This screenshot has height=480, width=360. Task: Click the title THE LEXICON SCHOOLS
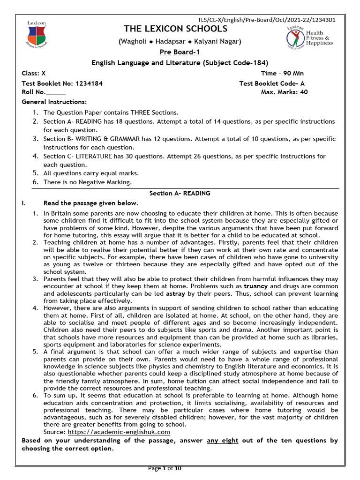click(x=175, y=30)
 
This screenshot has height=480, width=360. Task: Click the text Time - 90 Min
click(x=282, y=73)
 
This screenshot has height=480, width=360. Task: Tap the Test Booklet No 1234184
click(x=62, y=83)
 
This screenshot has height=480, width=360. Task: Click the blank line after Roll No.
click(x=56, y=92)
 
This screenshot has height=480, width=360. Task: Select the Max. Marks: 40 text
click(x=284, y=92)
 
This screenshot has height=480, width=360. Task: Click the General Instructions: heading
click(x=54, y=102)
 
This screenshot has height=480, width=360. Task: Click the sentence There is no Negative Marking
click(x=88, y=182)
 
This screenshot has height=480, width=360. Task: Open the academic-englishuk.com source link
click(x=119, y=432)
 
